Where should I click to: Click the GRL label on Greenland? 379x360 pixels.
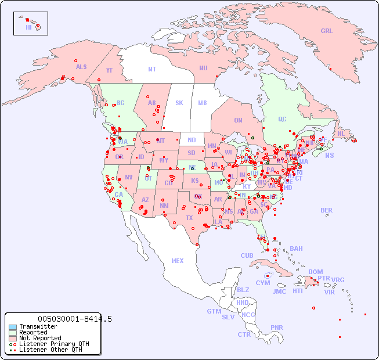click(327, 31)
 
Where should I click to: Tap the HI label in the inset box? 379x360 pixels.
click(28, 27)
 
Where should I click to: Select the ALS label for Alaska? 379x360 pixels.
click(81, 67)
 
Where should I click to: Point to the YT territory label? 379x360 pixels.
click(109, 70)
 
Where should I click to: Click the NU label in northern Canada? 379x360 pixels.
click(203, 68)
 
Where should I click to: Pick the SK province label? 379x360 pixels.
click(179, 103)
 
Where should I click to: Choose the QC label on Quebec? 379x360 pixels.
click(282, 119)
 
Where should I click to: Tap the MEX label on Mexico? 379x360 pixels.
click(178, 261)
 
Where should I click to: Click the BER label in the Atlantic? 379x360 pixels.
click(327, 210)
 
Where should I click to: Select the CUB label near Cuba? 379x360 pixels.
click(247, 255)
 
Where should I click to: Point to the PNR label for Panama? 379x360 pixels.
click(277, 327)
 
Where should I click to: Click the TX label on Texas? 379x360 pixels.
click(189, 218)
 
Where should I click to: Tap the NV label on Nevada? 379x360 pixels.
click(128, 177)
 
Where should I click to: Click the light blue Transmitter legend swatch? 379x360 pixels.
click(12, 327)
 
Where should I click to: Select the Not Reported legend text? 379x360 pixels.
click(39, 338)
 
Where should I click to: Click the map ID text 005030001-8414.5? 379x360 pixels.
click(75, 319)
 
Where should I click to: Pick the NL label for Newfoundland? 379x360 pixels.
click(341, 134)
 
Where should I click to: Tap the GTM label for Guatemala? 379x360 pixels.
click(214, 311)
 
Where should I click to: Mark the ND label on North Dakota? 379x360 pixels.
click(192, 140)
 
